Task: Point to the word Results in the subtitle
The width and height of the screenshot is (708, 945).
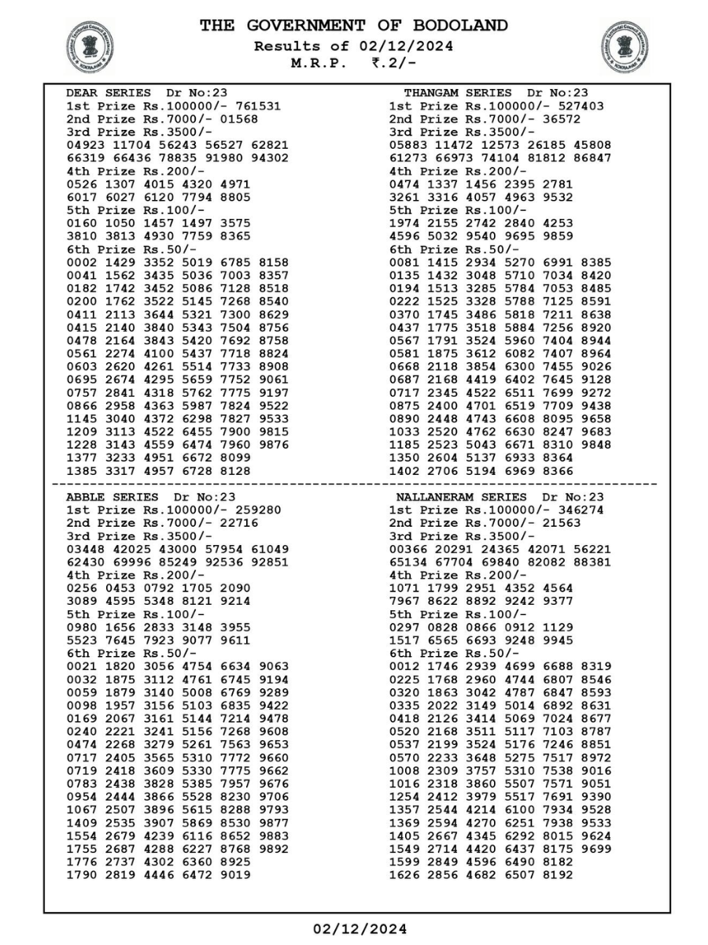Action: (282, 46)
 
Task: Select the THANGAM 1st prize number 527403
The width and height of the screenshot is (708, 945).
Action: (577, 106)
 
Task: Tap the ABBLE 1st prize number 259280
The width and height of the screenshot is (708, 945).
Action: (254, 510)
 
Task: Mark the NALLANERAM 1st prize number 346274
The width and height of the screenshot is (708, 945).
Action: (577, 510)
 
